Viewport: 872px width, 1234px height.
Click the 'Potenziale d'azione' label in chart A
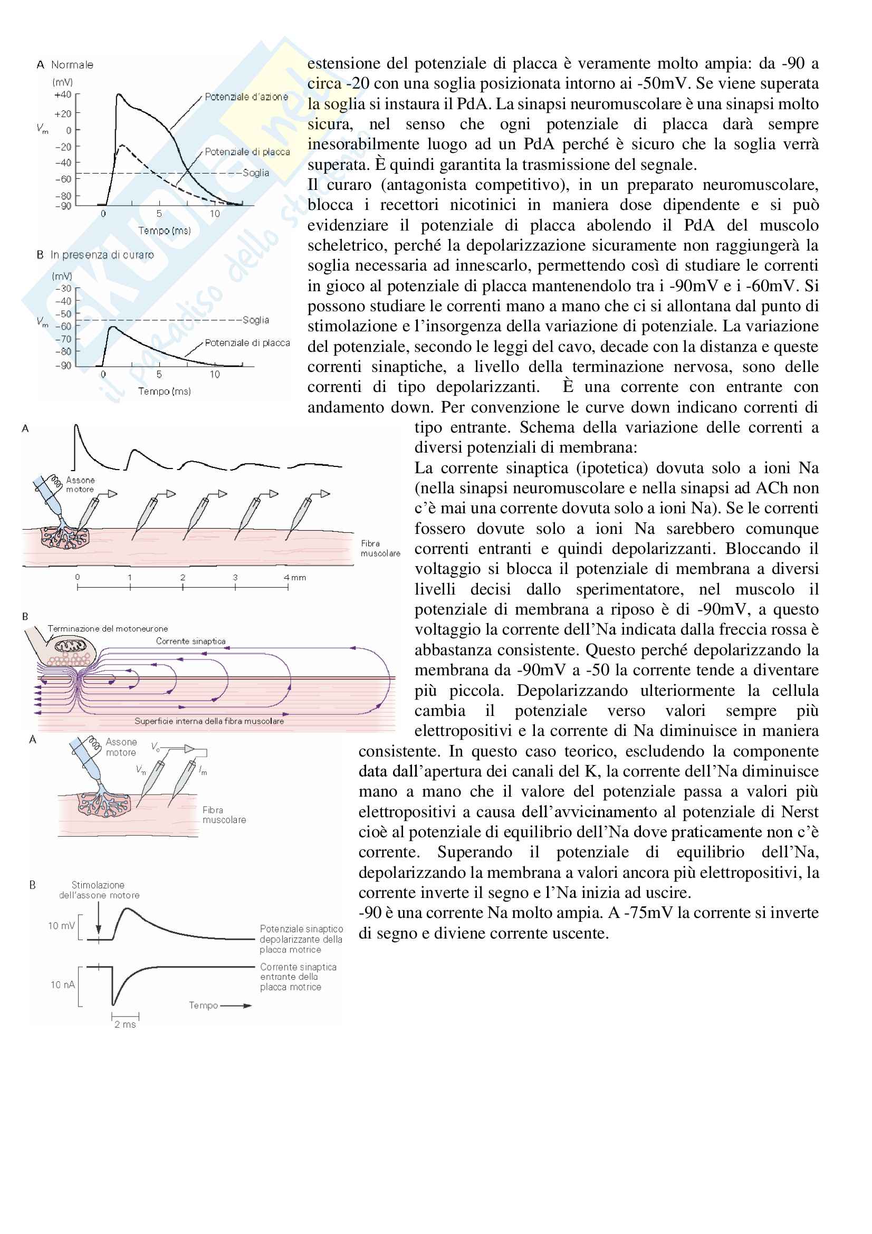point(246,97)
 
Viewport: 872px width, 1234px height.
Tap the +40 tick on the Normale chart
point(63,94)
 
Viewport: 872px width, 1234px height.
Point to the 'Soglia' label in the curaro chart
point(255,320)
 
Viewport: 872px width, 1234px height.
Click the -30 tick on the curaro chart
point(63,289)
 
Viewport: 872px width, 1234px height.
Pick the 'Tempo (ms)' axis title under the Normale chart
point(164,231)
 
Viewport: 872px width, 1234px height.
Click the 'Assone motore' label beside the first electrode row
point(80,485)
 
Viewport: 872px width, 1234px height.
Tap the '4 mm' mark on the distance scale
point(294,578)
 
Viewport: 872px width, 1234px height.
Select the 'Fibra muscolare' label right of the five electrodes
point(380,548)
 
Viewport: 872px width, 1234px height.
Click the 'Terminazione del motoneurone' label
point(108,628)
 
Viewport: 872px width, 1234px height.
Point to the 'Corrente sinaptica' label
point(191,641)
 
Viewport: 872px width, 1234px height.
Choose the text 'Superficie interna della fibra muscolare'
point(209,721)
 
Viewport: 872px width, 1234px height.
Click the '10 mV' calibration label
point(61,925)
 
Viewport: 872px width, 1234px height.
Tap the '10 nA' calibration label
point(62,984)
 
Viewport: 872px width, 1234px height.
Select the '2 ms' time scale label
point(124,1025)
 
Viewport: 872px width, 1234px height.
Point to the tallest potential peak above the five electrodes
point(76,427)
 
